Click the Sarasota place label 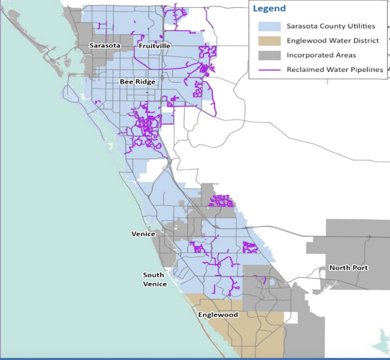[104, 46]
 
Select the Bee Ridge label [137, 82]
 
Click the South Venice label [155, 279]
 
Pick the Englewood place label [217, 315]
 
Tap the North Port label [348, 268]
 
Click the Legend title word [269, 9]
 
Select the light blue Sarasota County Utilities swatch [268, 26]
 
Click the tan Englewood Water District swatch [268, 40]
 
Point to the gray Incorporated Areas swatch [268, 55]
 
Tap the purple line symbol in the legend [268, 69]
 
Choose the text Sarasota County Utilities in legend [330, 26]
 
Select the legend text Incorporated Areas [320, 55]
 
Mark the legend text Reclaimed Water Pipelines [335, 69]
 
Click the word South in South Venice [153, 275]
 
